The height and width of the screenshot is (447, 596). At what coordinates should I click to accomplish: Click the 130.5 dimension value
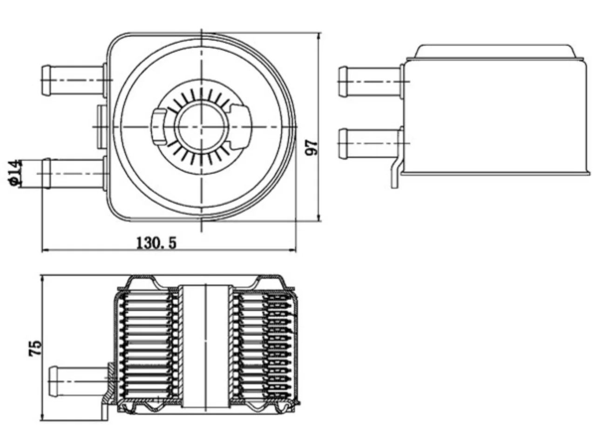click(156, 243)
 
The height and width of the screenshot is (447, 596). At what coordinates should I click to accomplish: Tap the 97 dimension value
click(311, 148)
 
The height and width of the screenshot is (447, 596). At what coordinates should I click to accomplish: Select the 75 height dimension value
click(35, 348)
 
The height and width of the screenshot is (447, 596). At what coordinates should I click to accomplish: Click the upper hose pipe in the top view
click(73, 80)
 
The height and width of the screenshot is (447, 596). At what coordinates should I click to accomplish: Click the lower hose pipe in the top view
click(73, 173)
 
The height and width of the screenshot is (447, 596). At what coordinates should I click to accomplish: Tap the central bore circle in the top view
click(201, 126)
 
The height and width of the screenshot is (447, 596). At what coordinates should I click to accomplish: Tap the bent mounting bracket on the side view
click(396, 174)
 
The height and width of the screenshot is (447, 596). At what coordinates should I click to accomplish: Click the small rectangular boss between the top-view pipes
click(102, 127)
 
